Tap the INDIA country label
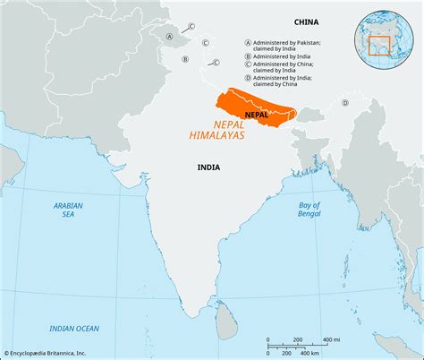tap(210, 167)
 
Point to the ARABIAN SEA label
tap(68, 210)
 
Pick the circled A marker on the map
tap(169, 37)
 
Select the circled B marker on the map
tap(185, 60)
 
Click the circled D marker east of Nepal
tap(344, 102)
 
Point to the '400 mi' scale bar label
tap(330, 339)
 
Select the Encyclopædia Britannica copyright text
tap(59, 353)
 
